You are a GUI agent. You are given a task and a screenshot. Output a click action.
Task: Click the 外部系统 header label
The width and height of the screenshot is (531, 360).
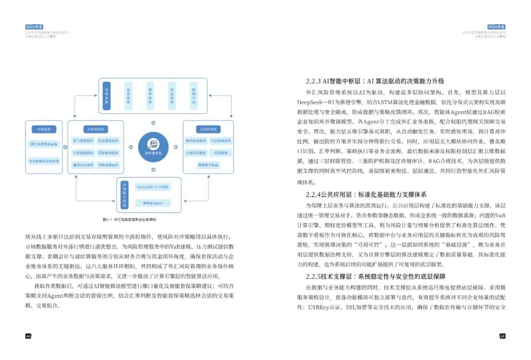44,129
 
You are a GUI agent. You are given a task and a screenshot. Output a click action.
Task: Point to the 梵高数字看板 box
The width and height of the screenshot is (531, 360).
208,165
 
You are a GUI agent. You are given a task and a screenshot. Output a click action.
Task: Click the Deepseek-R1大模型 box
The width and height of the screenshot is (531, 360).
153,187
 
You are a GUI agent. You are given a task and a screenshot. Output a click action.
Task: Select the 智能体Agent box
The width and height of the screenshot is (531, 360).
153,202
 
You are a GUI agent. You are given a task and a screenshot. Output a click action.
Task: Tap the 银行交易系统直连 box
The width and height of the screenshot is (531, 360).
44,145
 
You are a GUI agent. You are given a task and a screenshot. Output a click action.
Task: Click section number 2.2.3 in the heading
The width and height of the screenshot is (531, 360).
314,81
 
